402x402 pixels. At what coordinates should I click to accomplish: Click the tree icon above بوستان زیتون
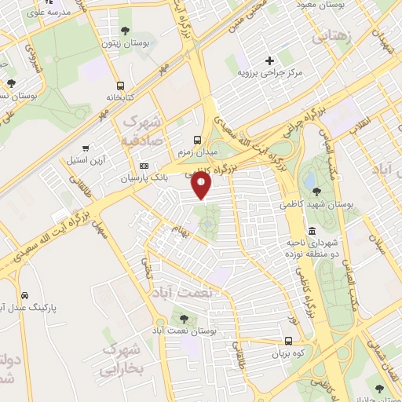click(x=125, y=31)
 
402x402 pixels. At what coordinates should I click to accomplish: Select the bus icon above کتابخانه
click(x=120, y=86)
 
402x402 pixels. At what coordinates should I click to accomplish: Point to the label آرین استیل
click(x=87, y=159)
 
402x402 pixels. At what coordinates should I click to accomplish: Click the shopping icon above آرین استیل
click(x=86, y=147)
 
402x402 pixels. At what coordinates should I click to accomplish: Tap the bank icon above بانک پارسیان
click(x=144, y=166)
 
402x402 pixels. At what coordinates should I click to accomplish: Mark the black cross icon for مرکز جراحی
click(x=270, y=60)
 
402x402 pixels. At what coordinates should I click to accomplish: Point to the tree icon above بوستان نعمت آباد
click(x=184, y=320)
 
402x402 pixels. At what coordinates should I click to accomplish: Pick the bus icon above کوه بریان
click(x=289, y=342)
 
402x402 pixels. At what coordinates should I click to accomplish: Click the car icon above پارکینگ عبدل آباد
click(x=25, y=295)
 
